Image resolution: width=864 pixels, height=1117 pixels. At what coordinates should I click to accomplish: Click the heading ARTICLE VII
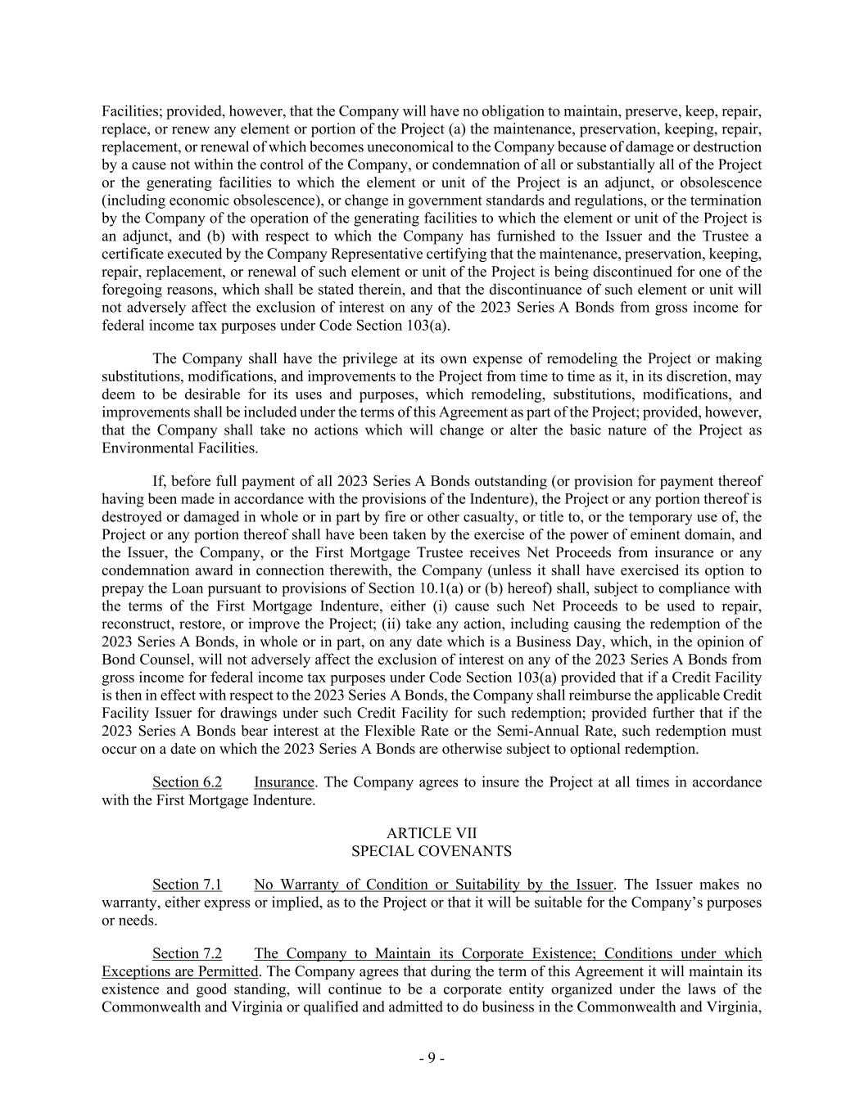(432, 833)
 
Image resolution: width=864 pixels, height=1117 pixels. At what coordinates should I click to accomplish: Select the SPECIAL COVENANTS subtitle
(432, 851)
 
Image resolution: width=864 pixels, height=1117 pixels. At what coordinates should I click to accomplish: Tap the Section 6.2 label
(187, 782)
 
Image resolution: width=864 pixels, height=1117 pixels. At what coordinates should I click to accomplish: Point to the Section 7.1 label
(187, 885)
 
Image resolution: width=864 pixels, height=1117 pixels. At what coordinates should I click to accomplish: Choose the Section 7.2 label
(187, 954)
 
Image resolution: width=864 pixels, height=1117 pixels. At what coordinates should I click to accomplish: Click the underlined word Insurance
(284, 782)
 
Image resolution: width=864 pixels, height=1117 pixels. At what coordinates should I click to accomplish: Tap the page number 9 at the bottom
(432, 1058)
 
